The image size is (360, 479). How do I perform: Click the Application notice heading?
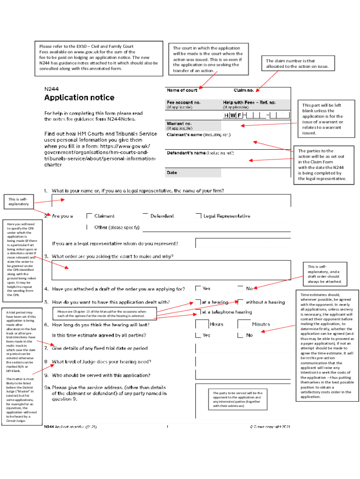coord(79,98)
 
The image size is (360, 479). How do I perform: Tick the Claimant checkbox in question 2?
coord(89,216)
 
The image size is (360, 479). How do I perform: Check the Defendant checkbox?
coord(145,216)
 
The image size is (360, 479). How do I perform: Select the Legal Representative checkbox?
coord(199,216)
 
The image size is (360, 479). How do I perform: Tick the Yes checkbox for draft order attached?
coord(198,289)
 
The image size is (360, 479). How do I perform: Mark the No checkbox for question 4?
coord(240,289)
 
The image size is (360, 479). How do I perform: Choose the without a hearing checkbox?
coord(240,302)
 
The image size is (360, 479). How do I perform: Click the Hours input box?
coord(202,324)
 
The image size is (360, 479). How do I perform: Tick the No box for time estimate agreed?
coord(240,335)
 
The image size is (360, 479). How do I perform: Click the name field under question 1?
coord(171,200)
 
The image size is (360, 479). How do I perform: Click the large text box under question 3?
coord(171,270)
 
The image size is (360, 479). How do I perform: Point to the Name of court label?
coord(182,90)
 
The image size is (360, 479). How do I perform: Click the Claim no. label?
coord(244,90)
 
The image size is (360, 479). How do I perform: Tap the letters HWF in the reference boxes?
coord(232,115)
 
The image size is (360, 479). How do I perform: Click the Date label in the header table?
coord(172,173)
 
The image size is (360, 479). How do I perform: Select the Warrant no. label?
coord(180,123)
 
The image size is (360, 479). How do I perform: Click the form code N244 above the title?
coord(51,88)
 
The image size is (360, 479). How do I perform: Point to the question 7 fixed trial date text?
coord(100,348)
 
